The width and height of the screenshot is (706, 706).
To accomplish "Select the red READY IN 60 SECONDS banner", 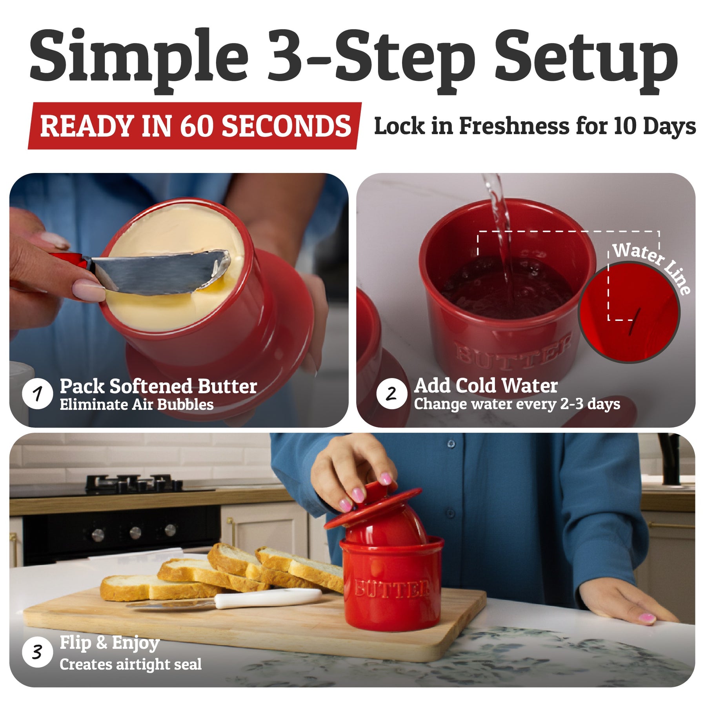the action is (x=195, y=126).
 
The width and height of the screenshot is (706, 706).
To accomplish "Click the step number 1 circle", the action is (x=37, y=393).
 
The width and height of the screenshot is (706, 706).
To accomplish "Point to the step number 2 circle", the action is (x=391, y=393).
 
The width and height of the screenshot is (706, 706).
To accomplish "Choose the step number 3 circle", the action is (x=37, y=652).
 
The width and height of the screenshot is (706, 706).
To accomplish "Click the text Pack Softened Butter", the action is (x=158, y=386).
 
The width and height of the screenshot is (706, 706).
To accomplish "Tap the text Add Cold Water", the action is (x=486, y=385).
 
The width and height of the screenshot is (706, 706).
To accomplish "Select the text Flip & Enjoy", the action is (x=109, y=644).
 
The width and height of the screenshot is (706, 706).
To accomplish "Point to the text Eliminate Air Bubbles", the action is (x=136, y=404).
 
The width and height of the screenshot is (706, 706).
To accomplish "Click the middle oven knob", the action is (x=135, y=532).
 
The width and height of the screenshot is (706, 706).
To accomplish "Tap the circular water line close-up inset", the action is (x=630, y=313).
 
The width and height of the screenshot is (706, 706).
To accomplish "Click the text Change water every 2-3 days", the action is (x=517, y=404).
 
